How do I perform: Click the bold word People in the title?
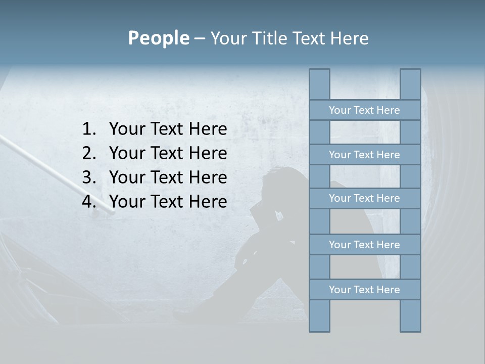tap(158, 38)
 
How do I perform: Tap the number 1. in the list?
tap(89, 129)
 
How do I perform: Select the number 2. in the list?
tap(89, 153)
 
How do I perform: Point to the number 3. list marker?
tap(89, 177)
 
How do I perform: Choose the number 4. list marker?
tap(89, 202)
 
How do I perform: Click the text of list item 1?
tap(168, 129)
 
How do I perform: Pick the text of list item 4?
tap(168, 202)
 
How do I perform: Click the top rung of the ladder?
tap(364, 110)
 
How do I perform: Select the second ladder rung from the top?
tap(364, 155)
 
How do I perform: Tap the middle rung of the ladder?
tap(364, 198)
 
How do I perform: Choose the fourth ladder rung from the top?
tap(364, 245)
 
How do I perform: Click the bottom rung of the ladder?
tap(364, 290)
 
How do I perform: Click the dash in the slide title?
tap(199, 38)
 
